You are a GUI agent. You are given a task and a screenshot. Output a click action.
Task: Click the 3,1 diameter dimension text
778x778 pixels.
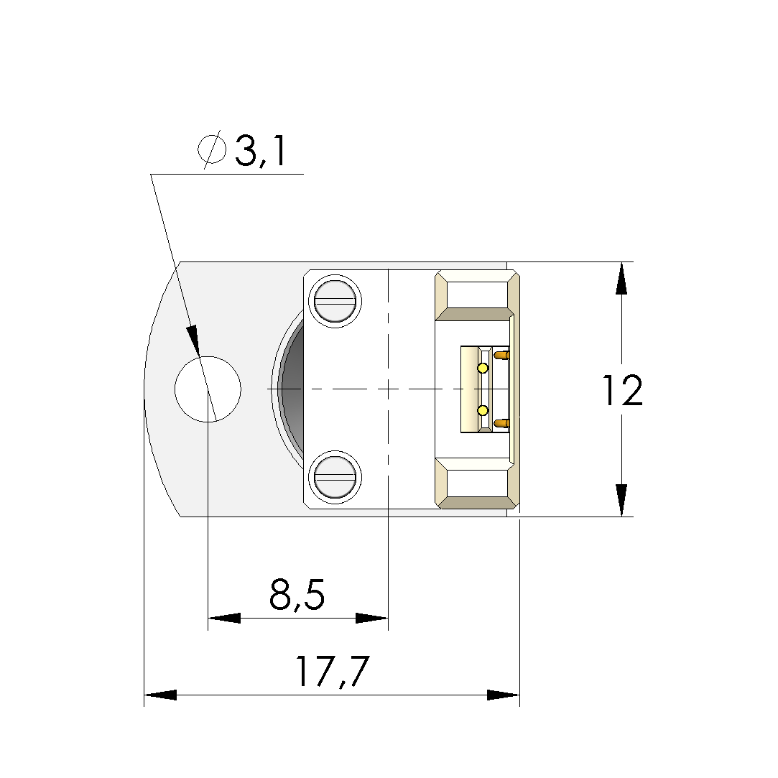coord(261,151)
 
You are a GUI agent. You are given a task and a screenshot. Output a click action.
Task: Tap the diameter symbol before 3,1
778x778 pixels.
coord(212,149)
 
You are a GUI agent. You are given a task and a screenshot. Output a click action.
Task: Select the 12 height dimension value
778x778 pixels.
coord(623,391)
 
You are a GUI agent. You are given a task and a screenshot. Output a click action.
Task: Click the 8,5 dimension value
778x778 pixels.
coord(297,594)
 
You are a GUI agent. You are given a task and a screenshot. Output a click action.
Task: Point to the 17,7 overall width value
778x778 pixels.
coord(332,672)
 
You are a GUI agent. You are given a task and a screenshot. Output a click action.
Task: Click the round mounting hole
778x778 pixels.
coord(208,389)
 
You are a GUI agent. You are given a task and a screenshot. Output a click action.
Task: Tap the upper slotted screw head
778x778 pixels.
coord(335,301)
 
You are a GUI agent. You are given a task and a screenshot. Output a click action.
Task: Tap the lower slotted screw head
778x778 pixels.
coord(335,477)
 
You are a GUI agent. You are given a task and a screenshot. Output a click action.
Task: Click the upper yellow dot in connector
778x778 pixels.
coord(483,368)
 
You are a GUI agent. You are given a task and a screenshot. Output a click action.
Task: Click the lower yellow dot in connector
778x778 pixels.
coord(483,410)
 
